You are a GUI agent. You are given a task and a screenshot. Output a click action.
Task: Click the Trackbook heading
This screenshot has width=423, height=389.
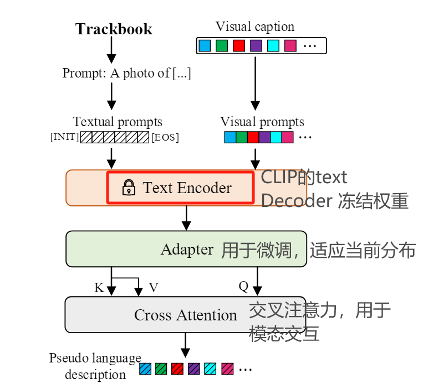114,29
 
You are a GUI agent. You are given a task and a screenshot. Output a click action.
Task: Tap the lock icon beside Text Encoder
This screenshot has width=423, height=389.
128,188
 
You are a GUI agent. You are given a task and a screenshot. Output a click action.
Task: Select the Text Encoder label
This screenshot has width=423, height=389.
187,188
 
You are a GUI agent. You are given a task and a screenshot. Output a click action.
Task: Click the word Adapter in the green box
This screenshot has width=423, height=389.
187,250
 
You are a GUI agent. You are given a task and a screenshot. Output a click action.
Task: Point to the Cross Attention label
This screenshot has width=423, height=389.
185,315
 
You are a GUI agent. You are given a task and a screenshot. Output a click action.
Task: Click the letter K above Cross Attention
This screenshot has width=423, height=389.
99,287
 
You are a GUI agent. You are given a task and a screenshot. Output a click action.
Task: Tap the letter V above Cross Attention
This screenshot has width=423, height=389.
154,287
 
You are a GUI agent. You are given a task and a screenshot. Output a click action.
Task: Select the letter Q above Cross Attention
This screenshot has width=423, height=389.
243,286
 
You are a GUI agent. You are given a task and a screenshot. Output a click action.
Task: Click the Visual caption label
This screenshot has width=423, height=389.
255,27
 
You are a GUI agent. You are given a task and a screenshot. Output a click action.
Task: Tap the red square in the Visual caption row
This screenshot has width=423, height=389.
239,45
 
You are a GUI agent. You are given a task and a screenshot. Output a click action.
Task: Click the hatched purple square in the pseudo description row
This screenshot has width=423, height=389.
194,368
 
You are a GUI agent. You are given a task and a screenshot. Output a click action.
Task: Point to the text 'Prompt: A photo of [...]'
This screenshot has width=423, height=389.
126,73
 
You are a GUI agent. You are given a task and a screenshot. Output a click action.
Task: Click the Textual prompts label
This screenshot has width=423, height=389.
118,122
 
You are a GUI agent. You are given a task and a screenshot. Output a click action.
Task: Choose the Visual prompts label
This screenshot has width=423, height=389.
262,122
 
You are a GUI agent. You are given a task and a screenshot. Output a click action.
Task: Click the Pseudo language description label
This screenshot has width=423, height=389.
95,366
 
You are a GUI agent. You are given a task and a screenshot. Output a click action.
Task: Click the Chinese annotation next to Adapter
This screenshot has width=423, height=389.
318,250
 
